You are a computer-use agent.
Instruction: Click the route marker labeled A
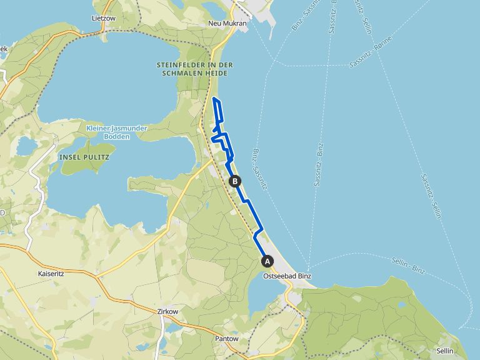(x=267, y=261)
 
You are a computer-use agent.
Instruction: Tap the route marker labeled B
(x=235, y=181)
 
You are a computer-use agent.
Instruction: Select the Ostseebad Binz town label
(x=287, y=276)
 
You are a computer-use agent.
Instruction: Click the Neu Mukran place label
(x=227, y=24)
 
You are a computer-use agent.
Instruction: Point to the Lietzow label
(x=104, y=19)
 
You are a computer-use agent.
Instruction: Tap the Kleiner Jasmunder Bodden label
(x=117, y=132)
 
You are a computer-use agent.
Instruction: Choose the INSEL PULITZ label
(x=84, y=157)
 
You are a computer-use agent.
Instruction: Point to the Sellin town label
(x=445, y=351)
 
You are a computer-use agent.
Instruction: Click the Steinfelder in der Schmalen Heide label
(x=195, y=69)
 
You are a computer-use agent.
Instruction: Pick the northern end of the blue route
(x=214, y=99)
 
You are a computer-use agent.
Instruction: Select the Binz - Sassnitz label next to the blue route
(x=262, y=169)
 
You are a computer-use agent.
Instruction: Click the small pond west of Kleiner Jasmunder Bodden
(x=27, y=146)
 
